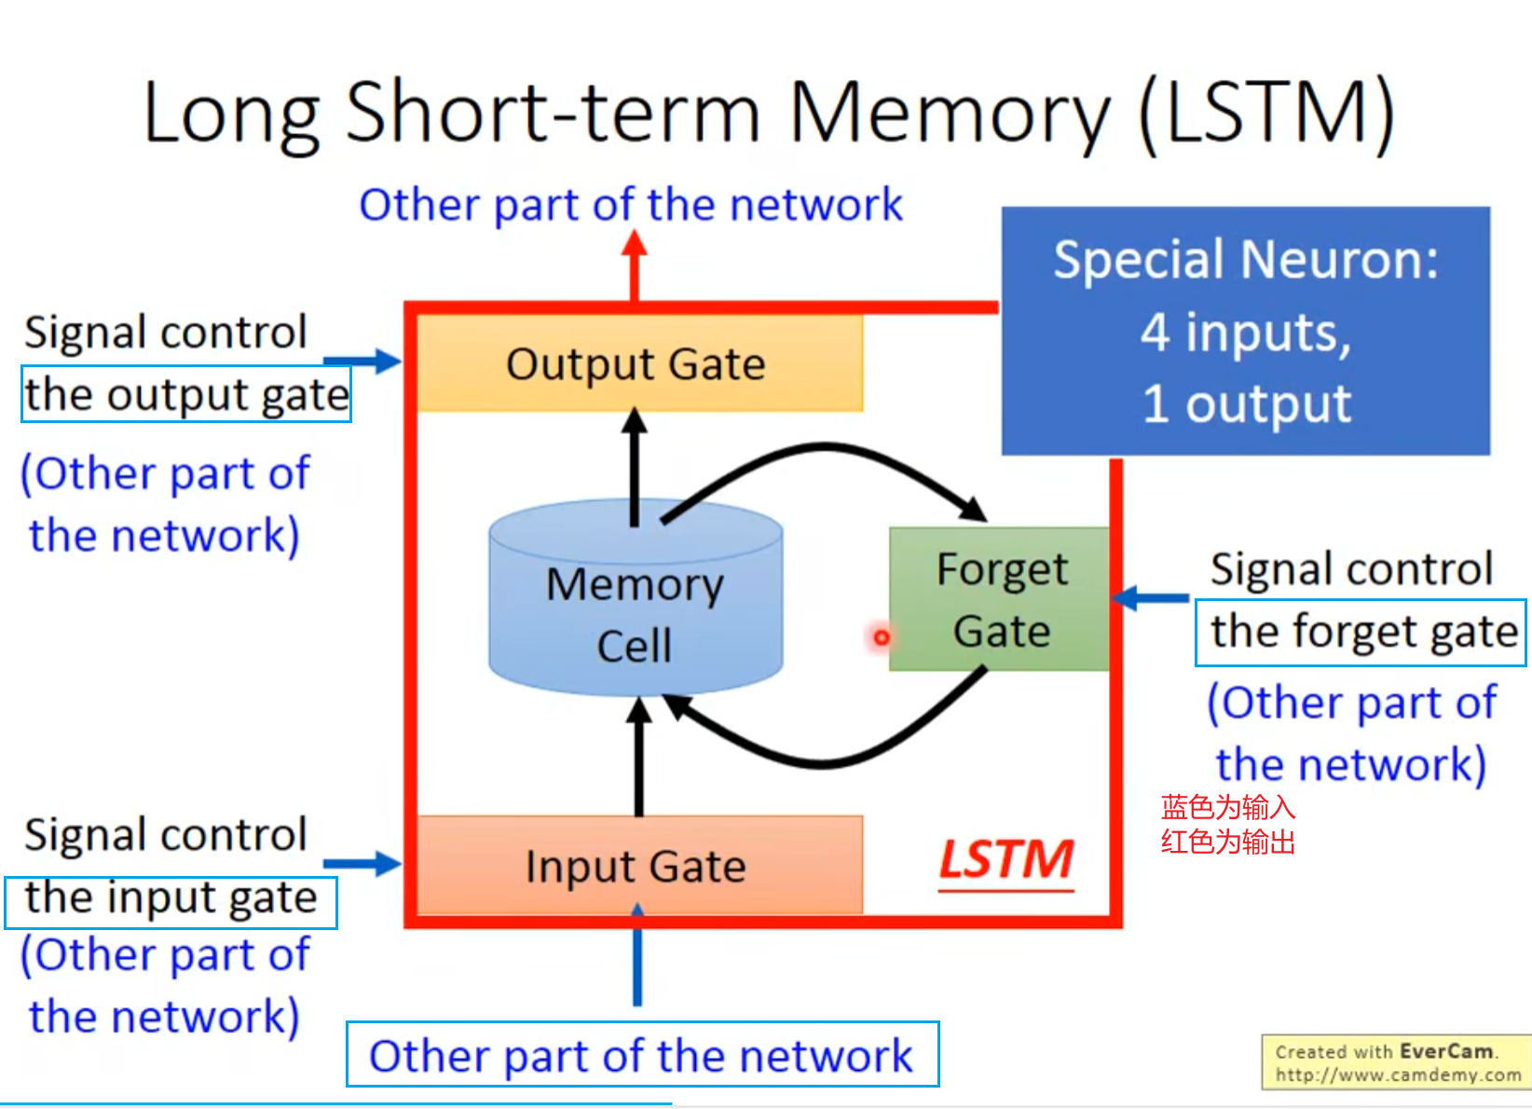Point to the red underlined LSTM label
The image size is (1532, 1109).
[x=1006, y=859]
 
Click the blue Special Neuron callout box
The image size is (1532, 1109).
[x=1245, y=331]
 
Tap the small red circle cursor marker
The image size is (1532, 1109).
[x=881, y=637]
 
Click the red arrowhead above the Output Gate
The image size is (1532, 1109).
[x=635, y=244]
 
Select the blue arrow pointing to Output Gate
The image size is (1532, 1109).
[x=363, y=361]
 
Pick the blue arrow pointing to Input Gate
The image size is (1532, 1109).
[x=363, y=863]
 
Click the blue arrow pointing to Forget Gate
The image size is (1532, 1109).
[x=1150, y=597]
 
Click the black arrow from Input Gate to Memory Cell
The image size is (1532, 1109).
[x=638, y=755]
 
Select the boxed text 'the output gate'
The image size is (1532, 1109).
[x=186, y=394]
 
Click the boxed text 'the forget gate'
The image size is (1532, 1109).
[x=1361, y=633]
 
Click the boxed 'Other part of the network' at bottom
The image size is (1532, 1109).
[x=642, y=1054]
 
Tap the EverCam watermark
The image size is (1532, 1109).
[x=1396, y=1062]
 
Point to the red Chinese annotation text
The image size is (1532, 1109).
[x=1228, y=824]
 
